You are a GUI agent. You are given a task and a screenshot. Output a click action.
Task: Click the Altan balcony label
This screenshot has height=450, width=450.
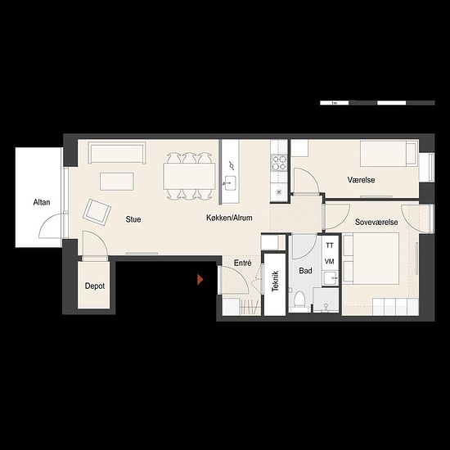[x=42, y=202]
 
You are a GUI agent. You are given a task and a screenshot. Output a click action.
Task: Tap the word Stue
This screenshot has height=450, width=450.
[x=133, y=219]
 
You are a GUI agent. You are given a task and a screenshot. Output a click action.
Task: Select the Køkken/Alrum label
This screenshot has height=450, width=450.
[x=229, y=218]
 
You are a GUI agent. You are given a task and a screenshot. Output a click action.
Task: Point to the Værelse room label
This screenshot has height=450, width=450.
[x=361, y=180]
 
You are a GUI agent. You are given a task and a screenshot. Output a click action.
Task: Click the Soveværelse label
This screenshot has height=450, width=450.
[x=376, y=222]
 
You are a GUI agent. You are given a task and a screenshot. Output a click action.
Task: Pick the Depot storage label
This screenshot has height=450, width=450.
[x=95, y=286]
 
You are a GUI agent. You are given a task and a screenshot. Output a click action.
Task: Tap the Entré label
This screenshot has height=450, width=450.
[x=243, y=263]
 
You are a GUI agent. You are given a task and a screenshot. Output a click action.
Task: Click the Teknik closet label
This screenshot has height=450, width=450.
[x=275, y=281]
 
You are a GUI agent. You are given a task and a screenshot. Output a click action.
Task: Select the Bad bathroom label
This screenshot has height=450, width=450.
[x=305, y=271]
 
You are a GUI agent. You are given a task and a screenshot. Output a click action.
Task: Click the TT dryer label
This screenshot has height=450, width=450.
[x=330, y=245]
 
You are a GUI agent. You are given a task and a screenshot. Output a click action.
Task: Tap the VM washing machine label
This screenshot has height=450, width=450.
[x=330, y=262]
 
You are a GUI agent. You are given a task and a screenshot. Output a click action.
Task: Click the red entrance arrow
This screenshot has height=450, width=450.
[x=200, y=280]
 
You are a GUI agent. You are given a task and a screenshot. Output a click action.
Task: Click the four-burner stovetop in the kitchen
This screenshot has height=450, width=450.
[x=279, y=163]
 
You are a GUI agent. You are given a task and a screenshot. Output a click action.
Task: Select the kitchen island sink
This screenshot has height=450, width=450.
[x=229, y=183]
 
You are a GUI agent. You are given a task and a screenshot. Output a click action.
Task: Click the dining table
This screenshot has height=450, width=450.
[x=190, y=176]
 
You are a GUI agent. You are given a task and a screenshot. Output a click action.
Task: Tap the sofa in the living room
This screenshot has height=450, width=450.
[x=117, y=153]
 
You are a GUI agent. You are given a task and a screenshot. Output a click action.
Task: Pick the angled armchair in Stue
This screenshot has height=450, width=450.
[x=97, y=213]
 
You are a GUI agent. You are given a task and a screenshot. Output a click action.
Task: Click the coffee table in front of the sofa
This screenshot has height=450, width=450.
[x=117, y=182]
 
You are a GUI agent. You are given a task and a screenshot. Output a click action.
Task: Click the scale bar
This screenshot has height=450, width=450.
[x=377, y=103]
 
